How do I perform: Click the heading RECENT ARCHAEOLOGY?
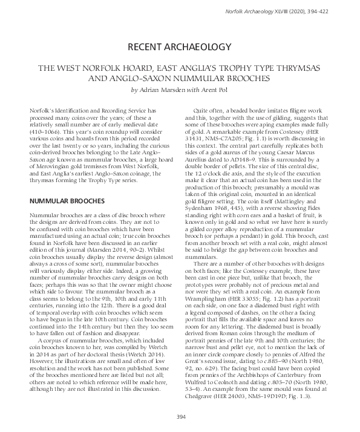coord(180,47)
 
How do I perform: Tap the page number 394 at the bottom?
coord(180,417)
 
